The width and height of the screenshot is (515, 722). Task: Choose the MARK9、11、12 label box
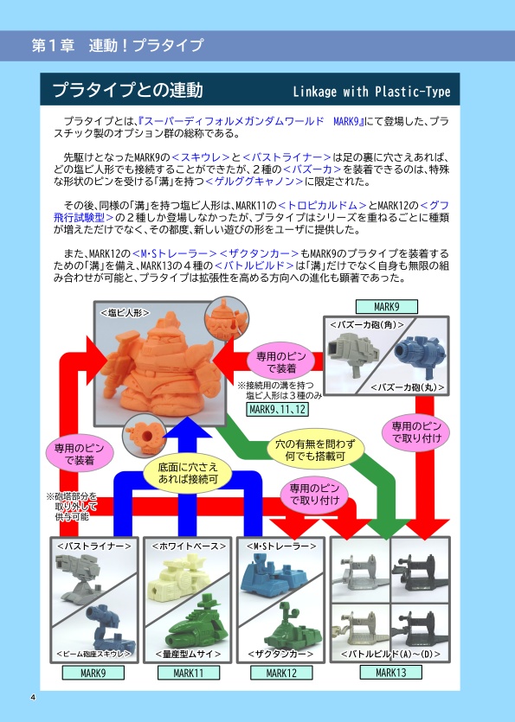(x=276, y=409)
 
